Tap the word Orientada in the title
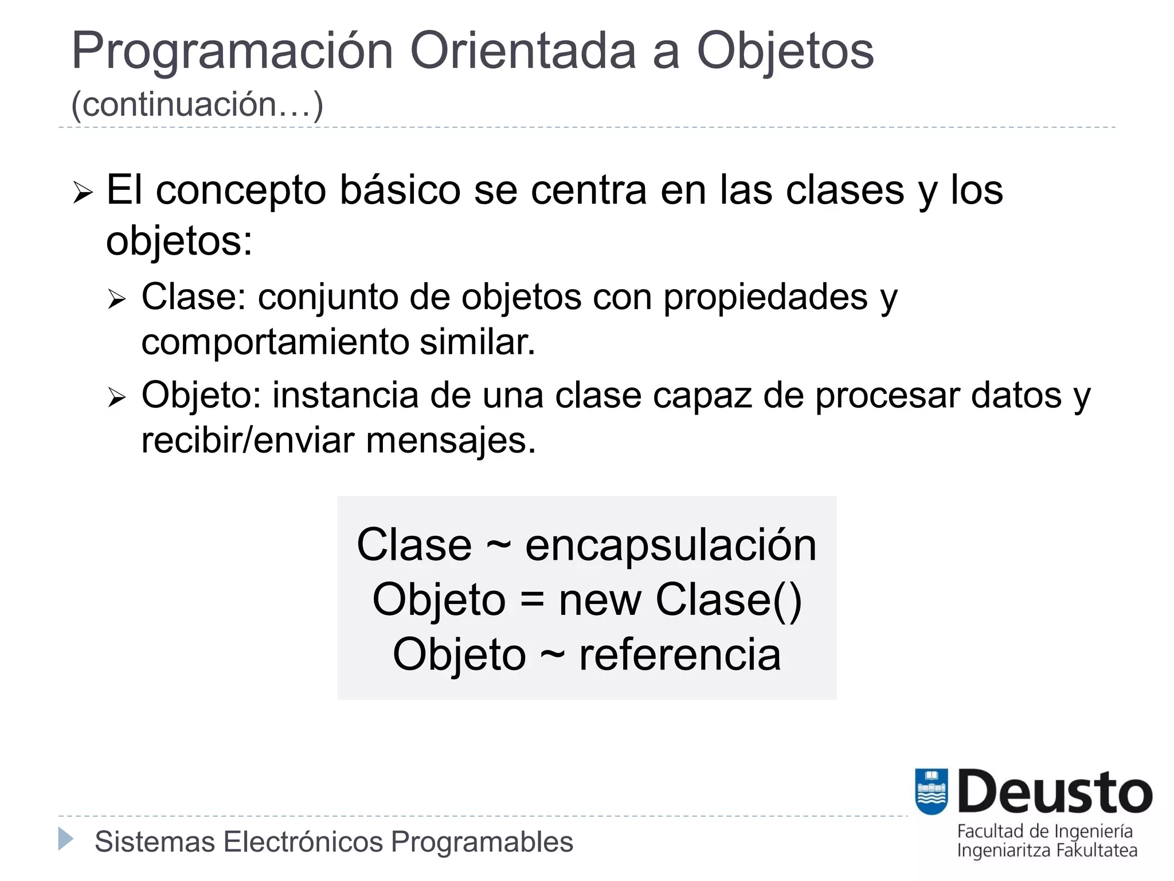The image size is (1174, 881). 523,52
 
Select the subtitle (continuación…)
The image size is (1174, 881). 197,104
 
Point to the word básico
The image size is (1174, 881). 400,190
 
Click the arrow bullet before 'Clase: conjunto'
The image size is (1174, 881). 116,299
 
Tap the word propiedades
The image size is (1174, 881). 765,298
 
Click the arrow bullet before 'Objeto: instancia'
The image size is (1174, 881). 116,397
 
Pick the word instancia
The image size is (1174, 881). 345,396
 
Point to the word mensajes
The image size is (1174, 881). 451,440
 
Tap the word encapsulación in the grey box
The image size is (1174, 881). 671,545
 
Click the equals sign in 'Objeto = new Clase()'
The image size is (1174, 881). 532,600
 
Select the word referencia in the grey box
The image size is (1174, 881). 680,654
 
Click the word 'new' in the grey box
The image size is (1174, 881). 600,600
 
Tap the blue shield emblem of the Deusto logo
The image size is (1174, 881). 931,792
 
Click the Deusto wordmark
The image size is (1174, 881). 1055,793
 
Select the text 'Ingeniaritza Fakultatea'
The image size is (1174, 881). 1047,851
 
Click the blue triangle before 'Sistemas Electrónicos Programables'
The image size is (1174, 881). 66,839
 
